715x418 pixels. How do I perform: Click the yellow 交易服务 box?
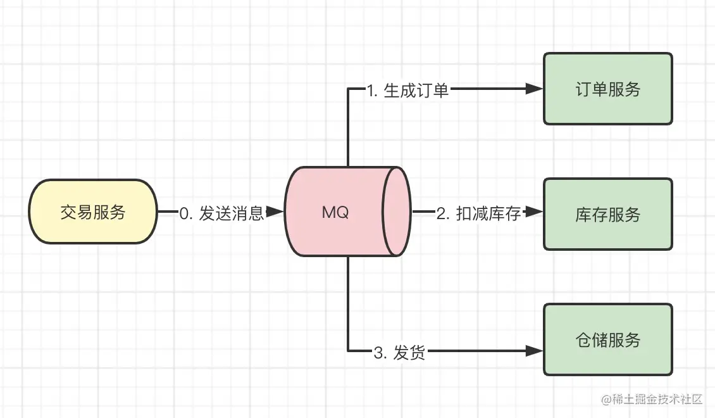tap(93, 212)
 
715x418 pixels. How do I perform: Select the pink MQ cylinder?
tap(335, 212)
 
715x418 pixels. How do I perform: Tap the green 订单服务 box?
tap(607, 89)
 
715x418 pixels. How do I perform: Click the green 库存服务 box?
tap(607, 214)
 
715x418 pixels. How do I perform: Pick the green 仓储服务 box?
tap(607, 339)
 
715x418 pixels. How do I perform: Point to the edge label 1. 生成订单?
tap(407, 90)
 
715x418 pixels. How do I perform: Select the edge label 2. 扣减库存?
tap(478, 213)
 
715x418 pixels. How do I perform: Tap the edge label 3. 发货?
tap(399, 352)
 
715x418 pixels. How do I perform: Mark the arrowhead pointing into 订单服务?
tap(535, 89)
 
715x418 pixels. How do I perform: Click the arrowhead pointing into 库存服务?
tap(535, 212)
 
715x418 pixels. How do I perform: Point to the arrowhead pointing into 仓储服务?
tap(535, 350)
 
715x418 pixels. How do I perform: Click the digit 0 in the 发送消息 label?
tap(184, 213)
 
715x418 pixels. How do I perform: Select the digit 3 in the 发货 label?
tap(378, 353)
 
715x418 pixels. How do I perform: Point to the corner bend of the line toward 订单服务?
tap(349, 89)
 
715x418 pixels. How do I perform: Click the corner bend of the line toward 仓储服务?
tap(349, 350)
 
